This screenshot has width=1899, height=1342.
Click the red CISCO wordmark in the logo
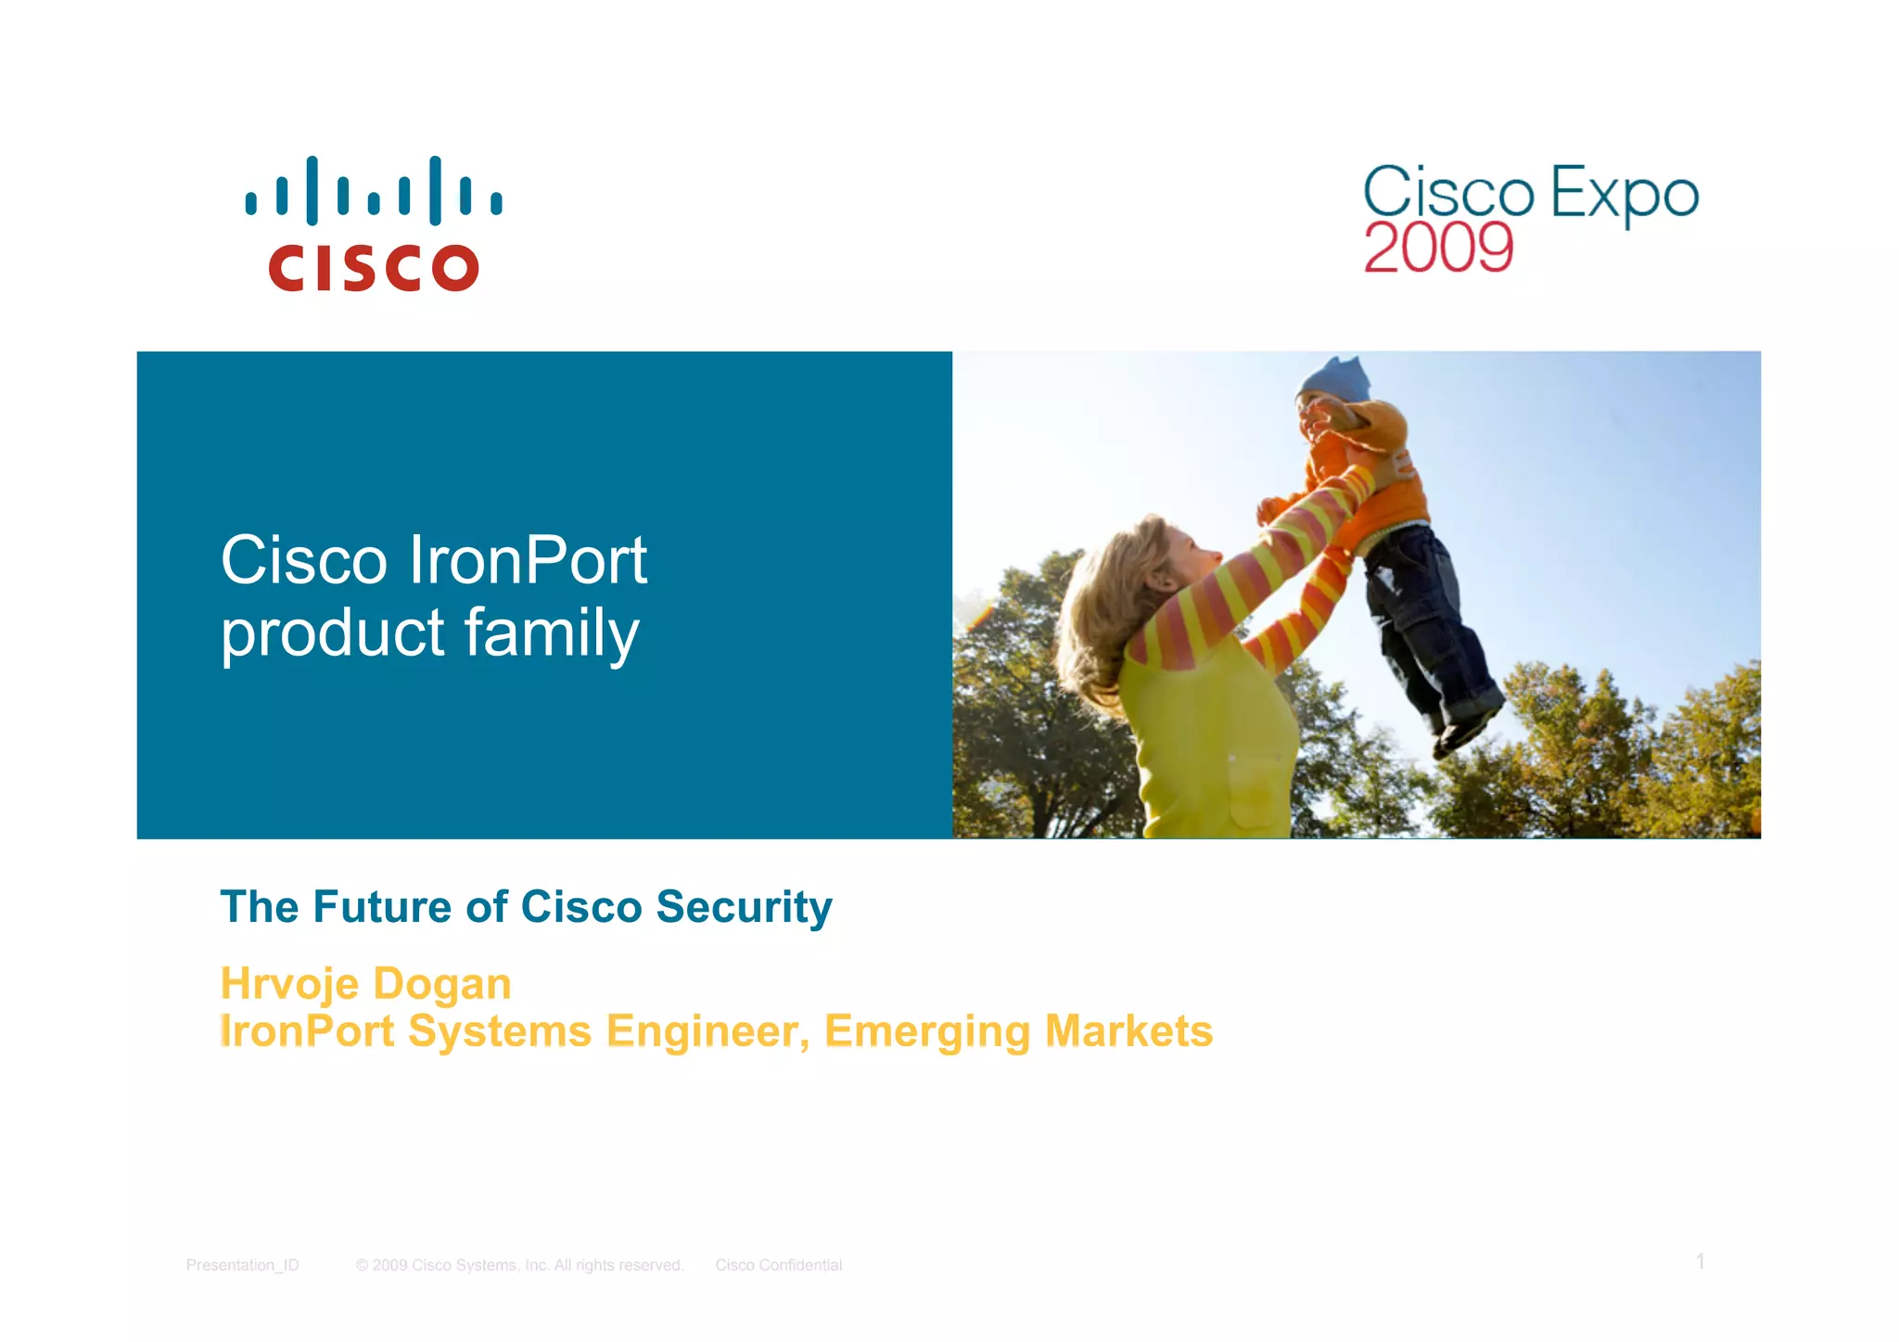click(373, 268)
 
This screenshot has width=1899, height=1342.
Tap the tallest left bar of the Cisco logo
click(312, 190)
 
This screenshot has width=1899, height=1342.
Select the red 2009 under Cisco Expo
click(1437, 248)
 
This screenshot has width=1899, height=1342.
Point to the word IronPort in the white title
click(527, 560)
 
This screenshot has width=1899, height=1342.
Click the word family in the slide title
click(551, 634)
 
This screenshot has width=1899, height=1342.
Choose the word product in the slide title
click(333, 634)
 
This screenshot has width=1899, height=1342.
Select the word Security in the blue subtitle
click(744, 906)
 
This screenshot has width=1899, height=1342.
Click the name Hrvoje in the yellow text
click(288, 983)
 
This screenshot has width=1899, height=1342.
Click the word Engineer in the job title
click(707, 1031)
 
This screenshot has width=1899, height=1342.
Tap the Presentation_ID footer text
click(242, 1265)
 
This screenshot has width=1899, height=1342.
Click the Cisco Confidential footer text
click(778, 1265)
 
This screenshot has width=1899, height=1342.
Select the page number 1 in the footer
click(1700, 1261)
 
